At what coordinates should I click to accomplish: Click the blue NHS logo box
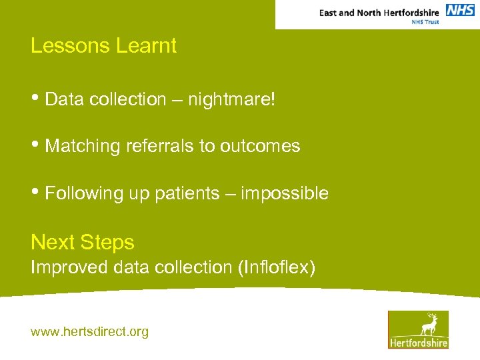(x=460, y=10)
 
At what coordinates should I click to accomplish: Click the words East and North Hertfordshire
(x=379, y=13)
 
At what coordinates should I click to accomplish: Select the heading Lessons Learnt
(x=103, y=46)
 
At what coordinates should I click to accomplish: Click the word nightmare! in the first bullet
(x=231, y=100)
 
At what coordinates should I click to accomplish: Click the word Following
(x=83, y=193)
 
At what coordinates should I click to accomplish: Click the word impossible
(x=285, y=193)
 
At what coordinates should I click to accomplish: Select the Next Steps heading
(x=83, y=242)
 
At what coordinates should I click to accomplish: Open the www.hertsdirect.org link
(x=89, y=331)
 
